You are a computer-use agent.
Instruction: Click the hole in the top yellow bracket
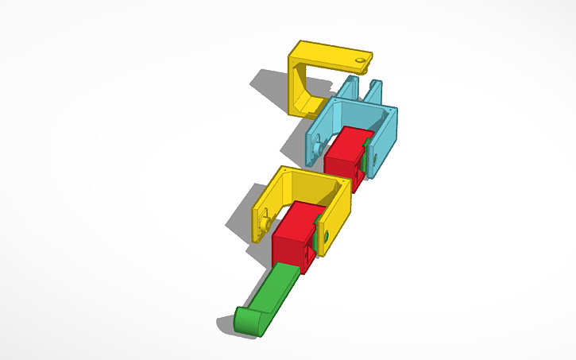[x=361, y=60]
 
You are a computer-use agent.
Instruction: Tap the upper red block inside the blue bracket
[x=343, y=151]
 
